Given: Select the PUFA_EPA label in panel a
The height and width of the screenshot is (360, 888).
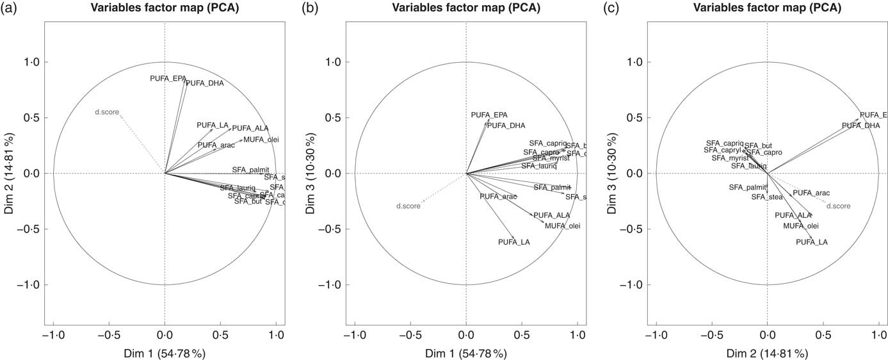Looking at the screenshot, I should (168, 78).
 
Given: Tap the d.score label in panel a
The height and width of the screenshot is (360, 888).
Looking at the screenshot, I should (107, 112).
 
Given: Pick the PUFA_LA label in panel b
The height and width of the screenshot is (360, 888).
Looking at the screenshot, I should (514, 242).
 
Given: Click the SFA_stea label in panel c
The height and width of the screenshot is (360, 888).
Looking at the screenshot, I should (767, 197).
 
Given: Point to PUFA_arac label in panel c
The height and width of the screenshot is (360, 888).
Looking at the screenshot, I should (811, 193).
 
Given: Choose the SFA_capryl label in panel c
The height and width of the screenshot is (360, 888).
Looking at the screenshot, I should (722, 150).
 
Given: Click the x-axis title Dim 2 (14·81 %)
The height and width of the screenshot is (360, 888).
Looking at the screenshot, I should (767, 353).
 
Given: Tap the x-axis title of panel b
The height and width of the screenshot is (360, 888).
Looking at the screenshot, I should (466, 353).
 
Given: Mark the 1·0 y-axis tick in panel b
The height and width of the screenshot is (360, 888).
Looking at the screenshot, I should (332, 62).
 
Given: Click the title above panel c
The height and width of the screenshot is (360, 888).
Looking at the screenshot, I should (767, 8).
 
